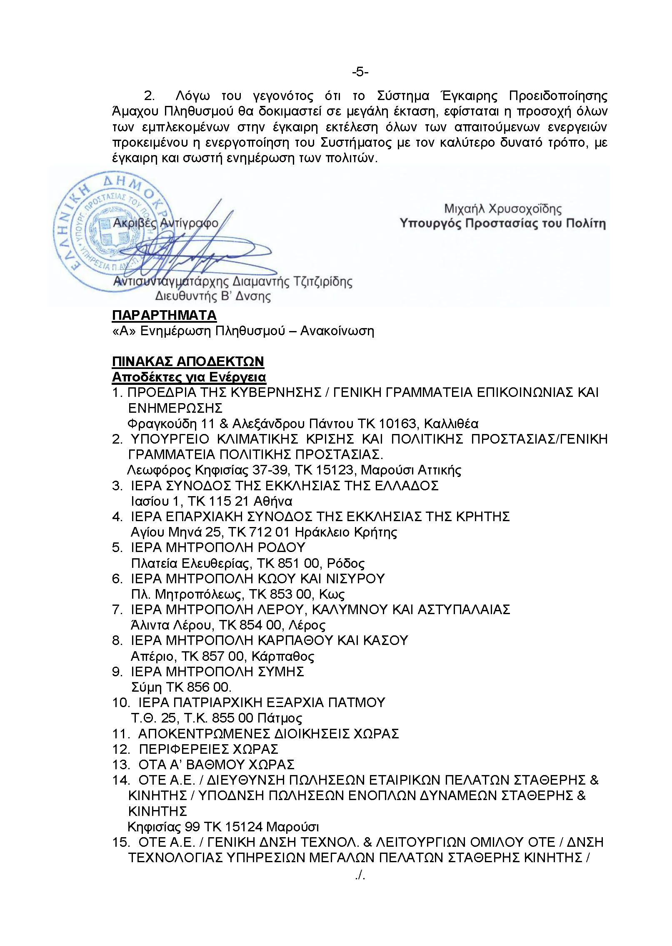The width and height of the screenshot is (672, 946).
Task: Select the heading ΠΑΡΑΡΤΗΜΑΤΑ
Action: pyautogui.click(x=164, y=315)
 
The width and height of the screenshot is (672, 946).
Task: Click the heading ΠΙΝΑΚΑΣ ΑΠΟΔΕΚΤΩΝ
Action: pyautogui.click(x=188, y=361)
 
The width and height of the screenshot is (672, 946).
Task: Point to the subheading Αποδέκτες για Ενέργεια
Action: pyautogui.click(x=189, y=377)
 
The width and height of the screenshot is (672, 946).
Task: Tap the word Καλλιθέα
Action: pyautogui.click(x=451, y=424)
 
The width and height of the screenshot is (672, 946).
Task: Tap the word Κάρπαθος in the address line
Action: pyautogui.click(x=285, y=656)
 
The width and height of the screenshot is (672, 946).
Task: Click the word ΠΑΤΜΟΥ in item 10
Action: pyautogui.click(x=356, y=703)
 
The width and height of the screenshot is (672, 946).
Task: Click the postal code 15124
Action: pyautogui.click(x=243, y=826)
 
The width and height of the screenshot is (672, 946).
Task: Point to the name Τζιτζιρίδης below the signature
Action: pyautogui.click(x=322, y=281)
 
